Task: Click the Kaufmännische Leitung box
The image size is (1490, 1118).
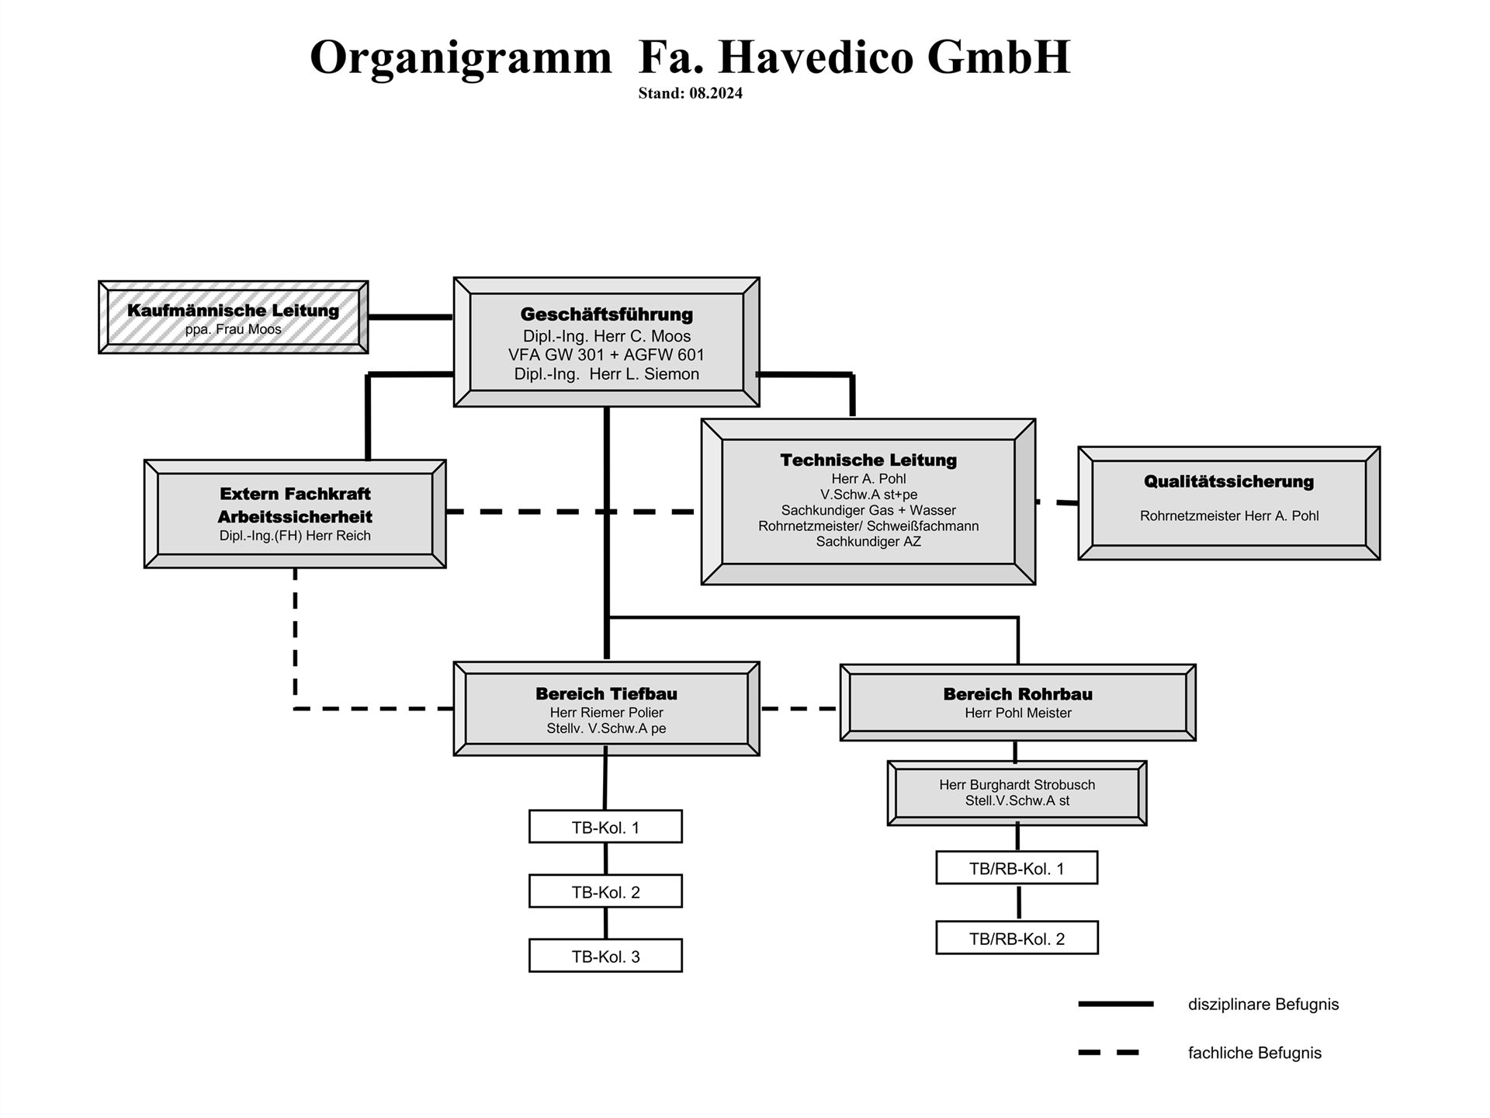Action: tap(233, 318)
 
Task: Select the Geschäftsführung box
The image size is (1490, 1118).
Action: tap(606, 342)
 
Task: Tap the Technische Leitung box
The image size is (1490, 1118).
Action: tap(868, 502)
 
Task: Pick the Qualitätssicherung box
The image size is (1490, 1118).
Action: tap(1229, 503)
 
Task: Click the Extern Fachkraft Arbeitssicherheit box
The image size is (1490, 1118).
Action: tap(295, 514)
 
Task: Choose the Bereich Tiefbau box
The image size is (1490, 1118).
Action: tap(606, 709)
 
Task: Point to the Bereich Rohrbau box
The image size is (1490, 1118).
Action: tap(1017, 703)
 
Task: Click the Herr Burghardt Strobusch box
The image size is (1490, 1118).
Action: tap(1017, 793)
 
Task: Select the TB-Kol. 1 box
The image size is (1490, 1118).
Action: tap(605, 827)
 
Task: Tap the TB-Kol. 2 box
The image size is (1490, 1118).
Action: tap(605, 891)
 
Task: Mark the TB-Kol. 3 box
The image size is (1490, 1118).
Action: tap(605, 956)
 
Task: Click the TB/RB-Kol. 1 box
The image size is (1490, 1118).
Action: tap(1017, 868)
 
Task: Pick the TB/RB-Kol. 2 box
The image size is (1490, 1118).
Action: tap(1017, 938)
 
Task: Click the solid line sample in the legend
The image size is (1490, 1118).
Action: tap(1116, 1004)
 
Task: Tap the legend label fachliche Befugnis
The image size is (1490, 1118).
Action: tap(1254, 1053)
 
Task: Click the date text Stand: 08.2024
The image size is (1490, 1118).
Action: tap(690, 93)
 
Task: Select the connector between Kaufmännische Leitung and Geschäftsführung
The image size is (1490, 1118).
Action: tap(411, 317)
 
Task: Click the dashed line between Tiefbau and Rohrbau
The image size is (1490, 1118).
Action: tap(799, 709)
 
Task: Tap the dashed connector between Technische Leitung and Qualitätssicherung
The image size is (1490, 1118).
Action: tap(1057, 502)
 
